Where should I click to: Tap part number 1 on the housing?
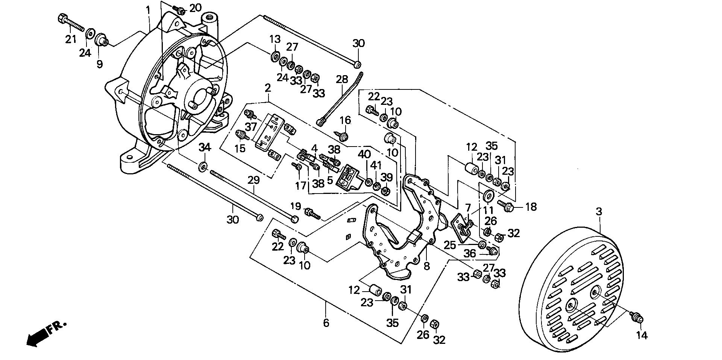coord(148,10)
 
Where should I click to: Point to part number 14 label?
coord(642,336)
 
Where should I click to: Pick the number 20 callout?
coord(195,8)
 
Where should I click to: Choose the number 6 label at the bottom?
coord(326,322)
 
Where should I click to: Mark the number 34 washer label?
coord(205,148)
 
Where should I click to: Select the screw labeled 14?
coord(637,318)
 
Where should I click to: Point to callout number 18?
coord(531,206)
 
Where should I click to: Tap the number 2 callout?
coord(267,88)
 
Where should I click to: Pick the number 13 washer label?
coord(275,39)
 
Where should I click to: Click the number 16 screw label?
coord(345,120)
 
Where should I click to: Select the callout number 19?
coord(296,206)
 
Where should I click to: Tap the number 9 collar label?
coord(100,64)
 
